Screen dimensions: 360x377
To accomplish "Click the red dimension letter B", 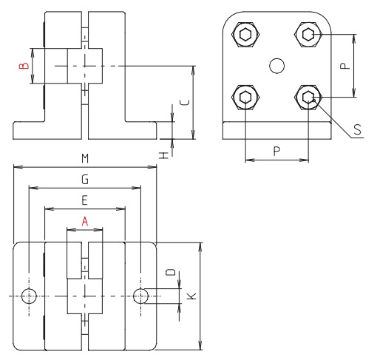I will tap(24, 67).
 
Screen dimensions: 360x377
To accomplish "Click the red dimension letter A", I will tap(85, 220).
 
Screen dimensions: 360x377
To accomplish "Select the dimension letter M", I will tap(85, 158).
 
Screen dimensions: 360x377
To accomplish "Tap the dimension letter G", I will tap(84, 179).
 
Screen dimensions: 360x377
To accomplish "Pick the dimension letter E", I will tap(84, 200).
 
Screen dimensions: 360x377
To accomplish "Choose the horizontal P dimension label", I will tap(276, 150).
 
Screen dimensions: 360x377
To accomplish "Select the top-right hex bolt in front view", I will tap(308, 34).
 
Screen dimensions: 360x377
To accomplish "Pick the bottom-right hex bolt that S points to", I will tap(308, 97).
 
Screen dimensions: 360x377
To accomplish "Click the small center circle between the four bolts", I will tap(277, 66).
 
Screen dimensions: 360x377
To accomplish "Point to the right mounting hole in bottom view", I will tap(141, 296).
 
